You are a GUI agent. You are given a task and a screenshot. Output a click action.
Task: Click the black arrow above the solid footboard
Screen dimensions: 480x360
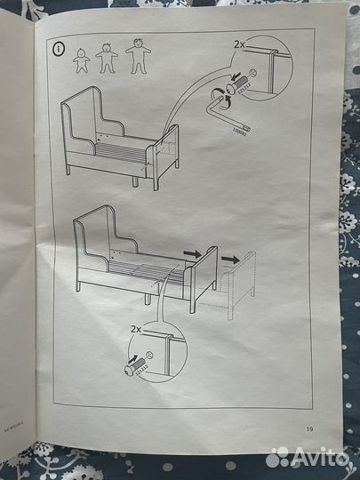[x=192, y=252]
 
